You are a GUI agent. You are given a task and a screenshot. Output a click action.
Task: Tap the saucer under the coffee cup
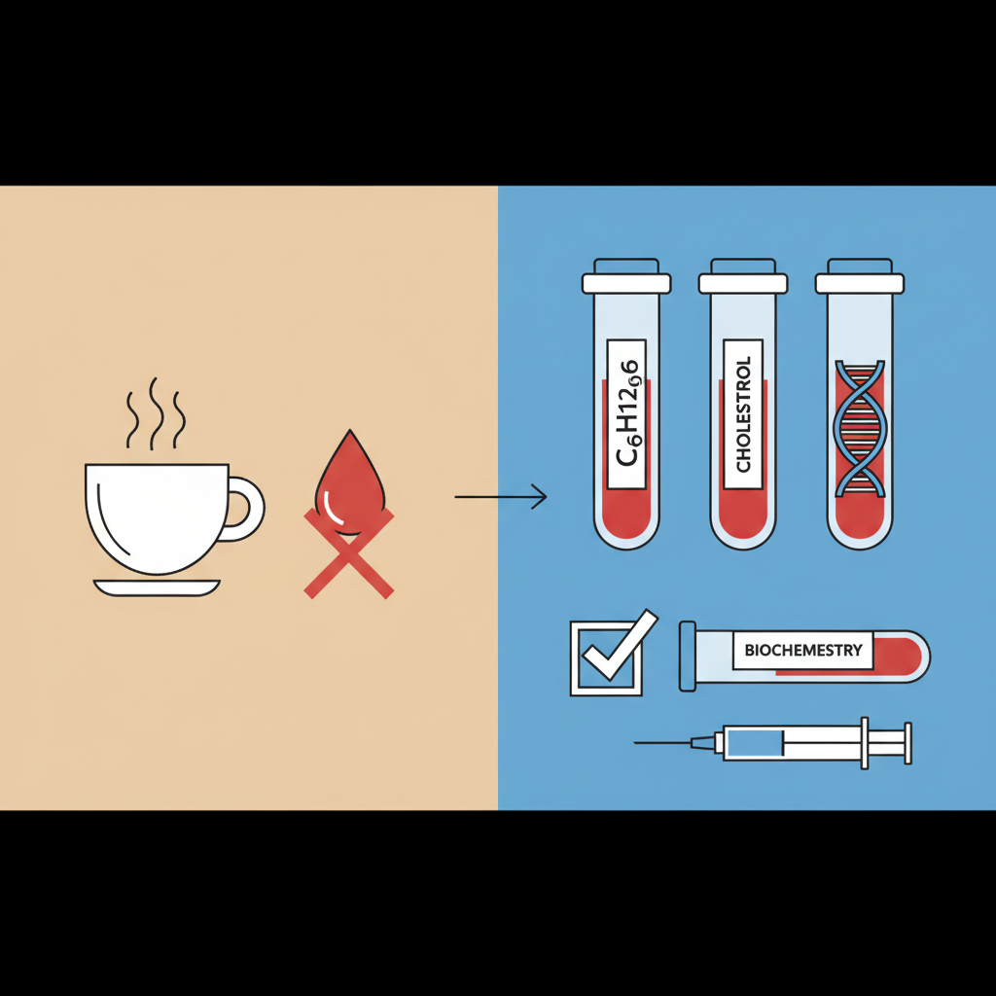pos(157,587)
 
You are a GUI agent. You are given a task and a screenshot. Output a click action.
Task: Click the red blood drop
pos(349,482)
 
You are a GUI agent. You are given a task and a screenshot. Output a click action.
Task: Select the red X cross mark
pos(349,552)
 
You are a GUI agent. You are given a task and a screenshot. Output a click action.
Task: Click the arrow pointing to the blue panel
pos(501,497)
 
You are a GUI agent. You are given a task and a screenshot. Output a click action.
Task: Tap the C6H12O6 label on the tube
pos(626,414)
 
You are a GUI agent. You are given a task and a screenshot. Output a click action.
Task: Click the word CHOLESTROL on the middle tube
pos(743,414)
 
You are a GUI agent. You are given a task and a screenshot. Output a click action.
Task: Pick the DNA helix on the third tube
pos(860,428)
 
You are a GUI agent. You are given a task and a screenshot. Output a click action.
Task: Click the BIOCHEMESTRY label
pos(802,651)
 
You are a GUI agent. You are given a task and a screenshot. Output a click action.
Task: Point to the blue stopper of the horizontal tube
pos(688,657)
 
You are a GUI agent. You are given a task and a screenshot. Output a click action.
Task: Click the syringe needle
pos(663,742)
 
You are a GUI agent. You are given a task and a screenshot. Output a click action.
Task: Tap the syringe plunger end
pos(907,743)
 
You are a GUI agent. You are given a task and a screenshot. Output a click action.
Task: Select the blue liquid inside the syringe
pos(754,742)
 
